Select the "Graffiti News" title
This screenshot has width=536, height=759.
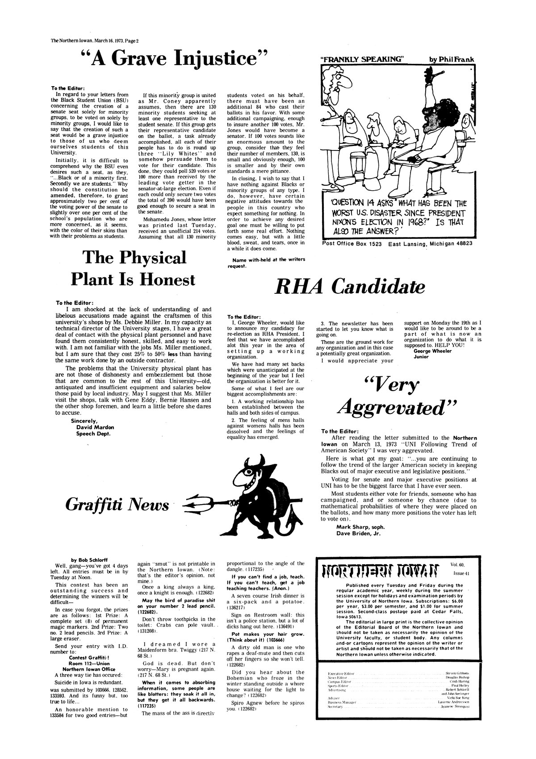coord(117,505)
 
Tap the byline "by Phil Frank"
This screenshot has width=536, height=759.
coord(452,59)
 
